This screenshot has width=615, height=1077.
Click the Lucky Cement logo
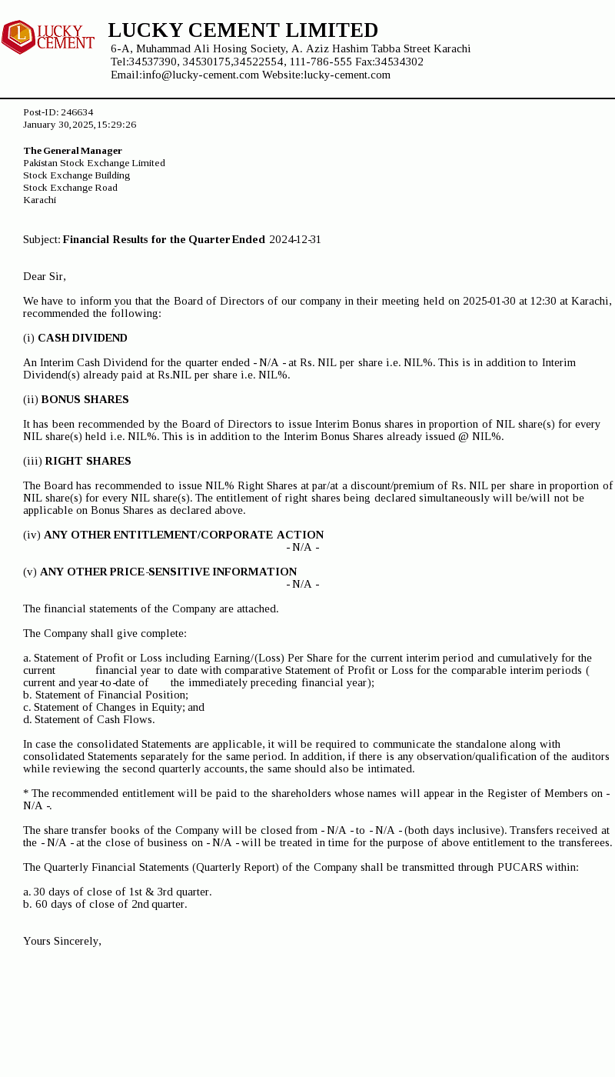pos(48,37)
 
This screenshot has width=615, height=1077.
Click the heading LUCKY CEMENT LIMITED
pos(243,31)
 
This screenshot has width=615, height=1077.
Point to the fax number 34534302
pos(399,62)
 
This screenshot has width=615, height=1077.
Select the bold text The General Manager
pos(72,151)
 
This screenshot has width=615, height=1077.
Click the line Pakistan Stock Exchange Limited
pos(94,163)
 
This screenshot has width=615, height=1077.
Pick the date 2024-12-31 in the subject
pos(295,239)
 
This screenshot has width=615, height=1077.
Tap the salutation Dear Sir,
pos(45,276)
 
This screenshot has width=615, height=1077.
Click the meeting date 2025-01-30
pos(489,301)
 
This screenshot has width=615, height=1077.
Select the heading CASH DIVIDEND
pos(82,338)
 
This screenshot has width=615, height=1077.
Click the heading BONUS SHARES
pos(85,399)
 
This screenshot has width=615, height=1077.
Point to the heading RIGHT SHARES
pos(88,461)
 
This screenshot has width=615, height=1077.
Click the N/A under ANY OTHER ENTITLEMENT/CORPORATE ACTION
pos(303,547)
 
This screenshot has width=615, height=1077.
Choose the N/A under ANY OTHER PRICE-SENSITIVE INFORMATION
pos(303,584)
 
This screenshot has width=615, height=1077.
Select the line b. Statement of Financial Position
pos(105,695)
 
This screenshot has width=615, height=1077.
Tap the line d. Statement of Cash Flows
pos(88,719)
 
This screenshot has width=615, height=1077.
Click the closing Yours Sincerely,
pos(62,941)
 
